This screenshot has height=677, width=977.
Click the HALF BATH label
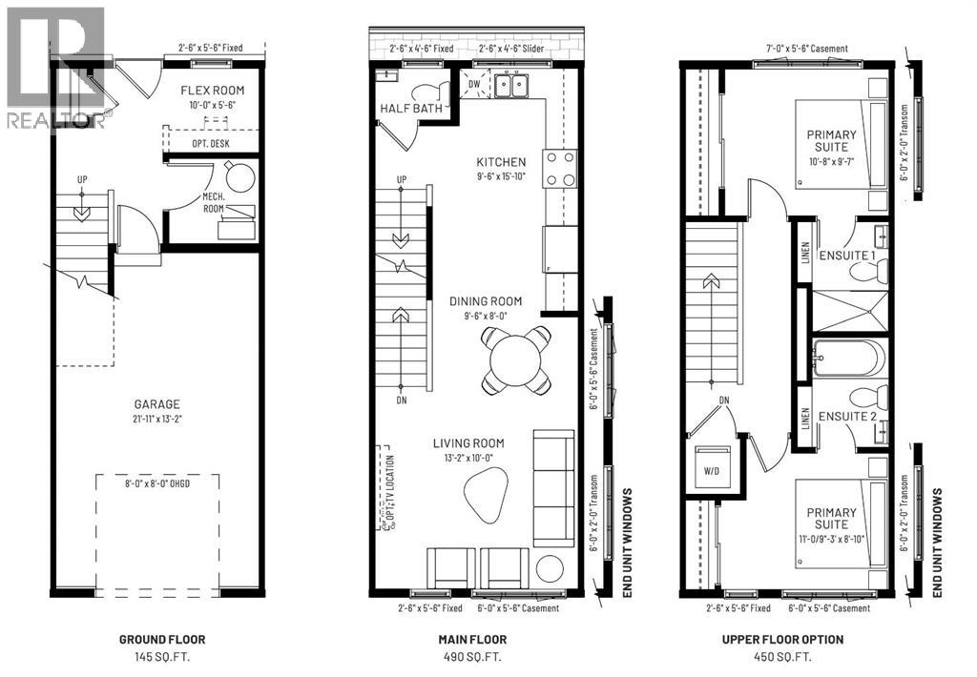tap(410, 108)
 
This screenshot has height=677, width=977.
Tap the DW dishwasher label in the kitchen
tap(474, 83)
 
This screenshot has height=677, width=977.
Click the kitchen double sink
tap(516, 88)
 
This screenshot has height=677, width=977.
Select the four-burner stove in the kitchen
tap(560, 169)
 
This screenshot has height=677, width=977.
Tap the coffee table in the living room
tap(488, 494)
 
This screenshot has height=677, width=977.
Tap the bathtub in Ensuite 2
tap(849, 360)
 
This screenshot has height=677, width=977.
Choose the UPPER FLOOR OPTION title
tap(788, 640)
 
